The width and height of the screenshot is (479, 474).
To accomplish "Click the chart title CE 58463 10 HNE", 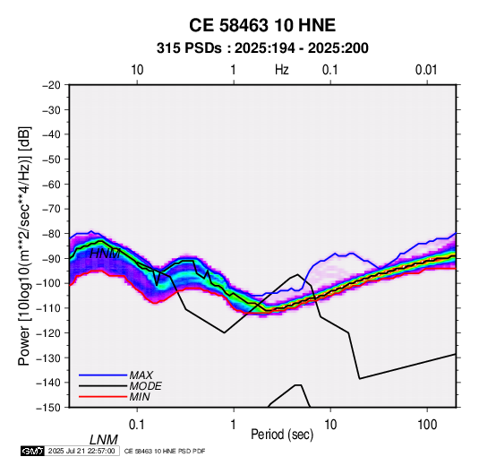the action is [262, 25].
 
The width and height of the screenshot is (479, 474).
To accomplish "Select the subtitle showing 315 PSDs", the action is [262, 48].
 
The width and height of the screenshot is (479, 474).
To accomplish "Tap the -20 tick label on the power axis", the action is [51, 85].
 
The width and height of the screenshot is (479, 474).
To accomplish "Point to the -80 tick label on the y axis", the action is [51, 234].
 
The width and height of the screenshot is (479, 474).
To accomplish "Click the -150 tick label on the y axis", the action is [49, 408].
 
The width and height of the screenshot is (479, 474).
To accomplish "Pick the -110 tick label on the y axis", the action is [49, 308].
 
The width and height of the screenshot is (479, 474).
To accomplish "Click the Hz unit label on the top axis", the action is [282, 70].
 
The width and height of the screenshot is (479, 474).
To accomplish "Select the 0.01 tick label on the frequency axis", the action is [426, 70].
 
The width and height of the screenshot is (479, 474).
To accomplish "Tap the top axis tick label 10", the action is [137, 70].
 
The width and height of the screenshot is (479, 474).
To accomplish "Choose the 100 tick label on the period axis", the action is [427, 425].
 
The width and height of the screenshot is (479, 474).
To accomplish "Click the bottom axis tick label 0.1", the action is [137, 425].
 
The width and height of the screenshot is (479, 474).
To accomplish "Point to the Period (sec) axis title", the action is [282, 435].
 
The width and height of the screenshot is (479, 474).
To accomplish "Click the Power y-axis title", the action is [24, 246].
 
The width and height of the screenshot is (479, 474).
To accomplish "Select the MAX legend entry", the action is [141, 375].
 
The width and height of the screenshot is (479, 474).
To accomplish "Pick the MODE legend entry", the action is [145, 386].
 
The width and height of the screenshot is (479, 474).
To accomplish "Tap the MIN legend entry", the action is [140, 397].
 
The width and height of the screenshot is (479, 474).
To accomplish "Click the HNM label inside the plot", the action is [106, 254].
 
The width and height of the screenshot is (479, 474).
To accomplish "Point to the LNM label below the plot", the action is [104, 440].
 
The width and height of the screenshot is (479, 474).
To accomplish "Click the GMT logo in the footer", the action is [33, 451].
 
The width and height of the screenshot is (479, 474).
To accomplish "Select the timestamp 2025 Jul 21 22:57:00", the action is [81, 451].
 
